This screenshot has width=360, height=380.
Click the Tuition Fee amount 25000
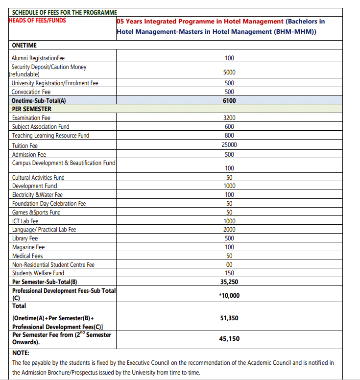click(229, 145)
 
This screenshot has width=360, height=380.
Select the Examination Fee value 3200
click(229, 118)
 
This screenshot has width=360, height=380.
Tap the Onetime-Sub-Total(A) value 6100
click(229, 100)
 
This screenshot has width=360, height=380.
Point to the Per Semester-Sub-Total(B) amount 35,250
click(229, 282)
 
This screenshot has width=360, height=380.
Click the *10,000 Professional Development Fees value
click(229, 295)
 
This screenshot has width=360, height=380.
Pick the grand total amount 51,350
click(229, 318)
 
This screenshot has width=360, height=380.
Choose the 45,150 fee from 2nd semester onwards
click(229, 338)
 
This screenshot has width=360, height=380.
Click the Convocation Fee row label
click(31, 92)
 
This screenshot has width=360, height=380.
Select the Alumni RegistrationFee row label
click(38, 58)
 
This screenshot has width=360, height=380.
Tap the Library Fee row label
click(25, 238)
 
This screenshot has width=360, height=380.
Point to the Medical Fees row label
click(27, 256)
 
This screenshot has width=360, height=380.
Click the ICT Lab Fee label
click(25, 221)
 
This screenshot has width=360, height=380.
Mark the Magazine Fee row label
click(28, 247)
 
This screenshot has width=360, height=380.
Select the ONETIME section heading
click(24, 45)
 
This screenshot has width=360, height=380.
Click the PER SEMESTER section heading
click(31, 109)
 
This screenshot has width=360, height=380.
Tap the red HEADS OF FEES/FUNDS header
click(37, 21)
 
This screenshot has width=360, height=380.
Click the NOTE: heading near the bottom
click(21, 353)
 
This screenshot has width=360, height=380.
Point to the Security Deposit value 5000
click(229, 72)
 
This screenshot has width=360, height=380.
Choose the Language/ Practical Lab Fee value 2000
click(229, 230)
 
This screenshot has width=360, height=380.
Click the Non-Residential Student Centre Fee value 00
click(229, 265)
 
